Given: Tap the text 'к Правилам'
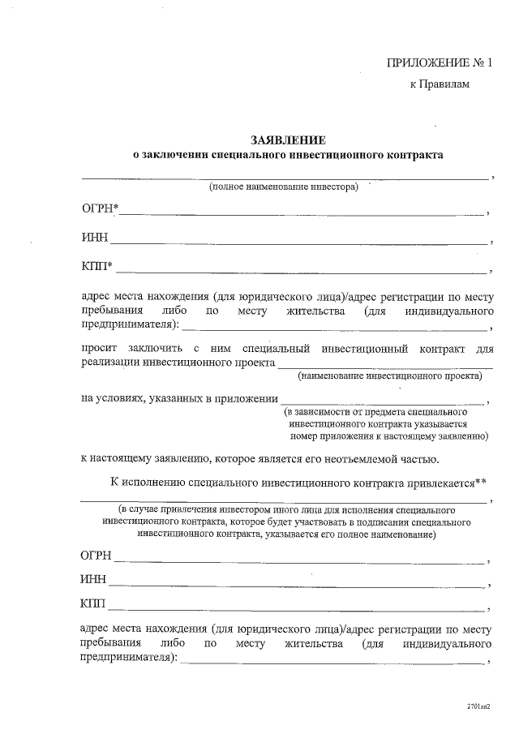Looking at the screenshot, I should [x=440, y=84].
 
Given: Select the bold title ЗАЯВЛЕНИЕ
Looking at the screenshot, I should [x=288, y=139].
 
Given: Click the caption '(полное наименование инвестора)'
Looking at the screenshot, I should [x=283, y=187].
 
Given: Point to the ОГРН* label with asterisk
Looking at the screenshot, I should [x=100, y=211].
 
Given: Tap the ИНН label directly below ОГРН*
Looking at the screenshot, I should [x=94, y=238].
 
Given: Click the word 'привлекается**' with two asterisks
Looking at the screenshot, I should [x=448, y=482].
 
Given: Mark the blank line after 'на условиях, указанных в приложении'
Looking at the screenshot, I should [x=381, y=402].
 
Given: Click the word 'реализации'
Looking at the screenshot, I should [x=109, y=363].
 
